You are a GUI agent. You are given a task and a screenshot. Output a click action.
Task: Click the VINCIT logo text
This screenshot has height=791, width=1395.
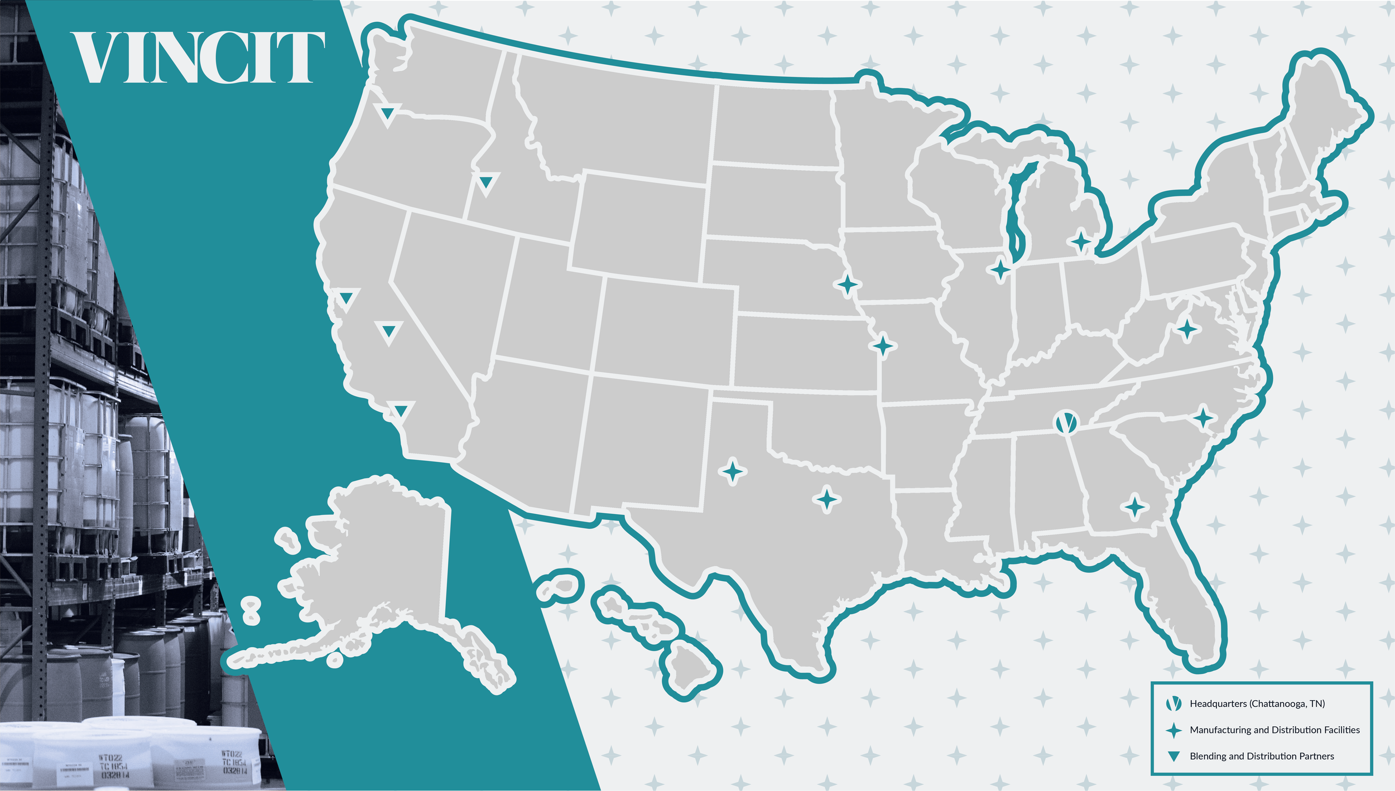[x=198, y=58]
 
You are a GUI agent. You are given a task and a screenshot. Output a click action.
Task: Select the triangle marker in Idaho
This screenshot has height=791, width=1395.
[x=486, y=181]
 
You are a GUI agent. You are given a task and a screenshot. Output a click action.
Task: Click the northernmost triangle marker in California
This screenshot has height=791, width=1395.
[x=347, y=297]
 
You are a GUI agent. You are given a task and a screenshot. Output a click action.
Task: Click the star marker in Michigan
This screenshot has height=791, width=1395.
[x=1081, y=242]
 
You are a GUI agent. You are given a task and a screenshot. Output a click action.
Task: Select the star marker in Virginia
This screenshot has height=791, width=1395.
[x=1187, y=330]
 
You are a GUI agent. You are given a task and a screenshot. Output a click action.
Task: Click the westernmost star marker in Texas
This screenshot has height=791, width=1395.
[x=733, y=472]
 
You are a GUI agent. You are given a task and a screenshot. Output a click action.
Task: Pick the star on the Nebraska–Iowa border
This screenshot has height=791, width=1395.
[x=848, y=284]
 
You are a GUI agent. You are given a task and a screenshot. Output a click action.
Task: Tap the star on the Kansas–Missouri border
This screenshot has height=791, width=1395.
[x=883, y=346]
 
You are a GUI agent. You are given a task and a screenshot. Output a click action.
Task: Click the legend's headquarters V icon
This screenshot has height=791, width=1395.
[x=1174, y=703]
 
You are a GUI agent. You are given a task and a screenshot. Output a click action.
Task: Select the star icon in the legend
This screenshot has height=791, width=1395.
[x=1174, y=730]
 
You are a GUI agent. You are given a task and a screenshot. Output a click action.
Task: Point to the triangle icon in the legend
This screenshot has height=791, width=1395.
[x=1174, y=756]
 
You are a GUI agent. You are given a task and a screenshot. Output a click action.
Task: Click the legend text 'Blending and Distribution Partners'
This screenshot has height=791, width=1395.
[x=1262, y=756]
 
